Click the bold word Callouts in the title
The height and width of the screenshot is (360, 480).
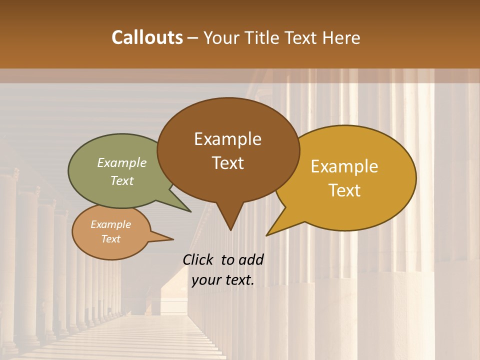(x=147, y=37)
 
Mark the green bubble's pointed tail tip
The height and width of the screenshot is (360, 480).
(x=190, y=211)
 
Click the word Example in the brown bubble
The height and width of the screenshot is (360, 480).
(x=228, y=139)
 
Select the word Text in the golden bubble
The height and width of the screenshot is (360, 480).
(x=345, y=190)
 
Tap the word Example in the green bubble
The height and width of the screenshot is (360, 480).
(x=122, y=162)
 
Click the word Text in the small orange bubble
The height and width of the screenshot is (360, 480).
(x=111, y=239)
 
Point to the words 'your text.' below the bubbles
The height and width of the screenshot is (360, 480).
(x=223, y=280)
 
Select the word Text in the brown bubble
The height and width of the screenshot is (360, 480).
(x=228, y=163)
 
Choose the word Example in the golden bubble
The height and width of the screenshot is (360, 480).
(x=345, y=166)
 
